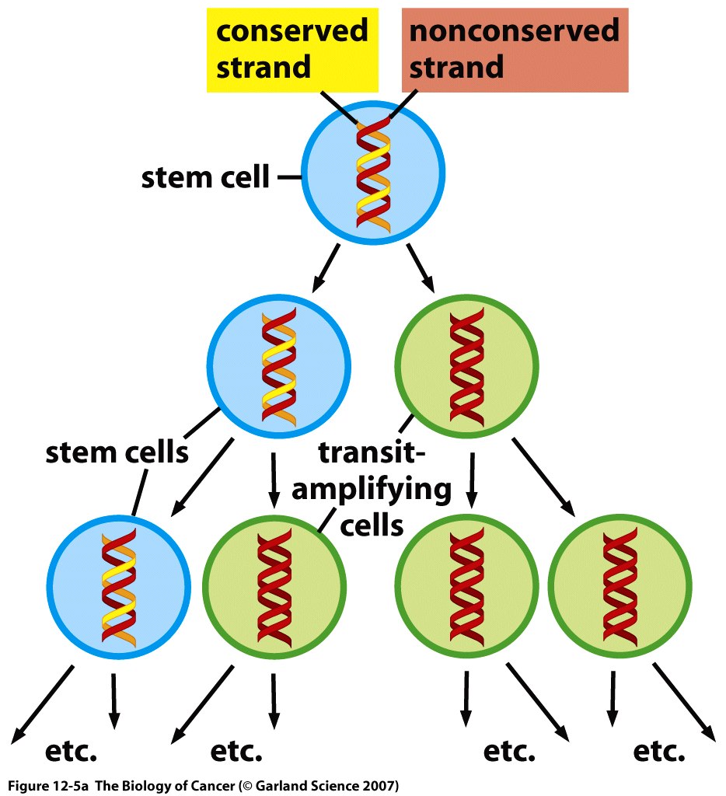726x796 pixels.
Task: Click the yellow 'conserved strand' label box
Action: click(x=291, y=48)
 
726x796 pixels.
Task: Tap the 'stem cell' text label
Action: click(x=205, y=177)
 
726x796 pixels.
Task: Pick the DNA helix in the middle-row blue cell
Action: click(x=279, y=367)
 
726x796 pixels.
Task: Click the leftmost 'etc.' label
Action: click(x=72, y=752)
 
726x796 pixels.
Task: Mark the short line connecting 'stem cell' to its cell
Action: click(x=288, y=178)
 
